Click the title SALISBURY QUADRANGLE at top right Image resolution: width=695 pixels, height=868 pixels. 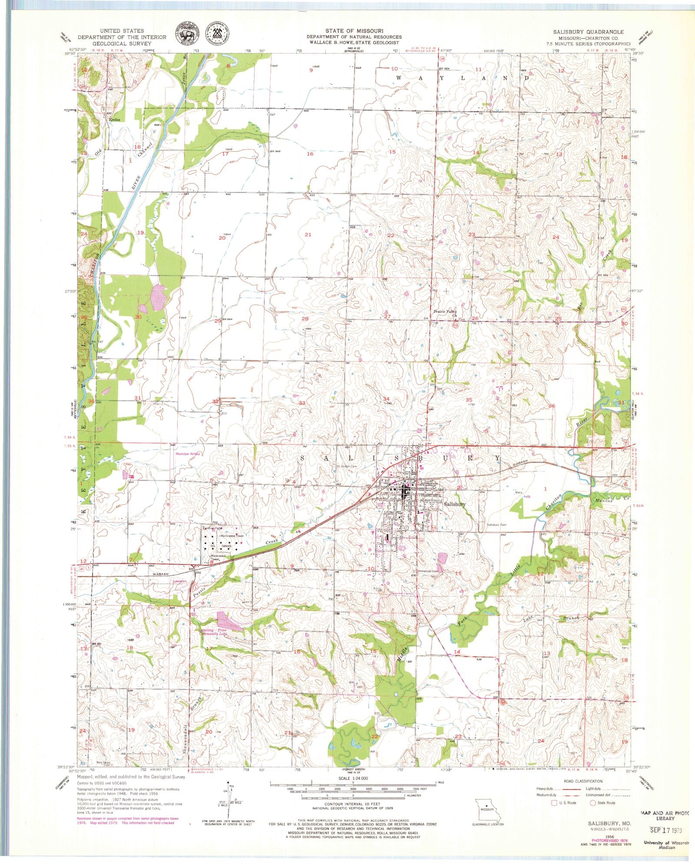pos(588,32)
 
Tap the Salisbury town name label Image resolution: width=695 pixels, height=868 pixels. pos(455,505)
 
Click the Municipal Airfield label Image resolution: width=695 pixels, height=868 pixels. pos(187,454)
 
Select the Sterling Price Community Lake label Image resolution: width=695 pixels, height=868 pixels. pos(213,632)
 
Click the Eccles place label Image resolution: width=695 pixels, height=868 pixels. pos(114,119)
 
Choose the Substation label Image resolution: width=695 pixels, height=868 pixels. pos(179,581)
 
